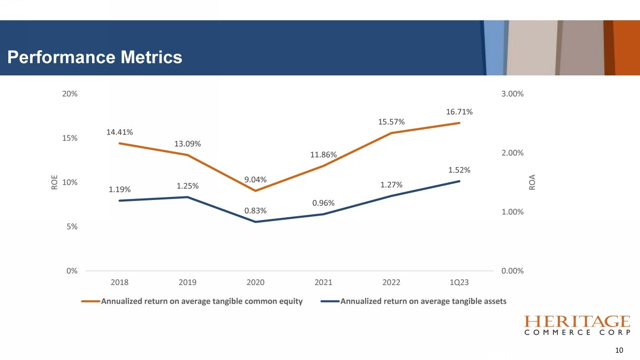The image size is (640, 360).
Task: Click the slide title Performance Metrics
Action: click(95, 58)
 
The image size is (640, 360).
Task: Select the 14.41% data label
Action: click(120, 132)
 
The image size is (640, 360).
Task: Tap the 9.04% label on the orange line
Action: click(256, 179)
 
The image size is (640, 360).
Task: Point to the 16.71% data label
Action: click(459, 112)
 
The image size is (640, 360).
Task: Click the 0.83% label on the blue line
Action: click(256, 211)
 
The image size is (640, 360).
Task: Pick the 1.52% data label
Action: click(459, 170)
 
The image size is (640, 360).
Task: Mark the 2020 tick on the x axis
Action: click(256, 283)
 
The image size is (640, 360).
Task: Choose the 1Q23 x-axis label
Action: click(459, 283)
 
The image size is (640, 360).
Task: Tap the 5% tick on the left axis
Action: click(72, 227)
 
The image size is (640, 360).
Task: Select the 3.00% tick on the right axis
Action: click(512, 94)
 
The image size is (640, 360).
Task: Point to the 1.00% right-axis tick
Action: click(512, 212)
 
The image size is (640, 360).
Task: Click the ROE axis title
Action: click(54, 182)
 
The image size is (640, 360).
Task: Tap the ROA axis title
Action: click(532, 182)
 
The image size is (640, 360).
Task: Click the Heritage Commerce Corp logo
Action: click(577, 326)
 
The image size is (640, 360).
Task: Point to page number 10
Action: click(619, 351)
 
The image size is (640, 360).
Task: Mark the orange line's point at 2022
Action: click(391, 133)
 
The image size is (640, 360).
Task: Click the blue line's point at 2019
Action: click(188, 197)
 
